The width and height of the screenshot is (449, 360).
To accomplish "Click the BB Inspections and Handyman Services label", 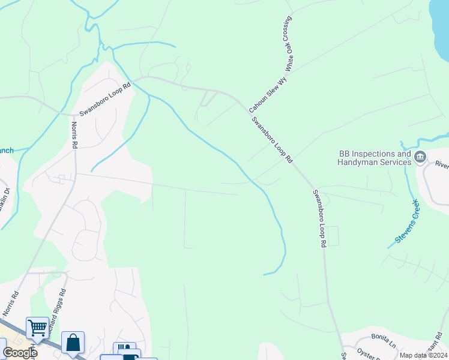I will (374, 158).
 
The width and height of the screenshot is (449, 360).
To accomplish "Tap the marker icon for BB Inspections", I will (420, 157).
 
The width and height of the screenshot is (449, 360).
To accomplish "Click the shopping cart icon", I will (37, 328).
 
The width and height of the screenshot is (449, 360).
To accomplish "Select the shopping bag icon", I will (73, 343).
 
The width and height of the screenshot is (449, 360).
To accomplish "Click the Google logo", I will (19, 353).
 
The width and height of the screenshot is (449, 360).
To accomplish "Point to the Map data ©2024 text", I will (423, 355).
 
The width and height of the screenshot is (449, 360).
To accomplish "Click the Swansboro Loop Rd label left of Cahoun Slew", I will (104, 100).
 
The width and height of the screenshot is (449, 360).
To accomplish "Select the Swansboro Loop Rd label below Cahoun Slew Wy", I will (272, 140).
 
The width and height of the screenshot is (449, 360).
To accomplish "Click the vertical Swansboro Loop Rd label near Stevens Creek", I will (318, 218).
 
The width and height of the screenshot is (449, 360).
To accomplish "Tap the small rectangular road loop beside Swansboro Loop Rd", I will (333, 236).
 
